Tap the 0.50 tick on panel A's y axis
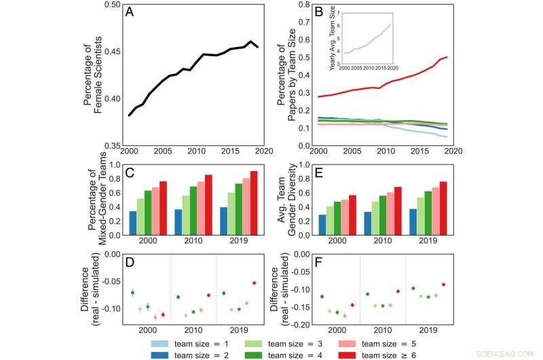coord(111,5)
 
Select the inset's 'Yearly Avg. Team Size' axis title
coord(332,40)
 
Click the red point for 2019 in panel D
coord(255,283)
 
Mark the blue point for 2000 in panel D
coord(133,293)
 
